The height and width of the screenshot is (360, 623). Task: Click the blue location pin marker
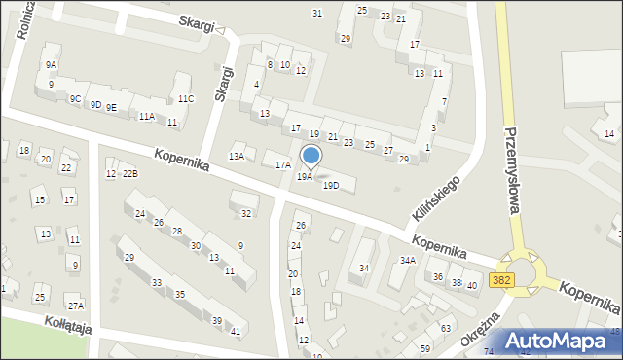click(x=311, y=156)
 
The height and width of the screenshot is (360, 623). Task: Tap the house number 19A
click(x=305, y=177)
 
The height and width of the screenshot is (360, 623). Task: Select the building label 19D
click(x=331, y=185)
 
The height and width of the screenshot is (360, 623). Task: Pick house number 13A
click(x=236, y=156)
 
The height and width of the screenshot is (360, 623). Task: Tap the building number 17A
click(x=282, y=165)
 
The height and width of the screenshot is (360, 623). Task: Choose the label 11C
click(x=185, y=99)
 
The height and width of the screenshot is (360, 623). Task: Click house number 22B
click(x=130, y=173)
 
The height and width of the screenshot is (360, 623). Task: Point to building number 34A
click(x=408, y=260)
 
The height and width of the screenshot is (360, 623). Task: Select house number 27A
click(x=75, y=306)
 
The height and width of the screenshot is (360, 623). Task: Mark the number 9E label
click(x=111, y=107)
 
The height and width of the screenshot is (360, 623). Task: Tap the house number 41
click(x=236, y=331)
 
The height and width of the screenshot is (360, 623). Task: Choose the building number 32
click(x=246, y=213)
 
